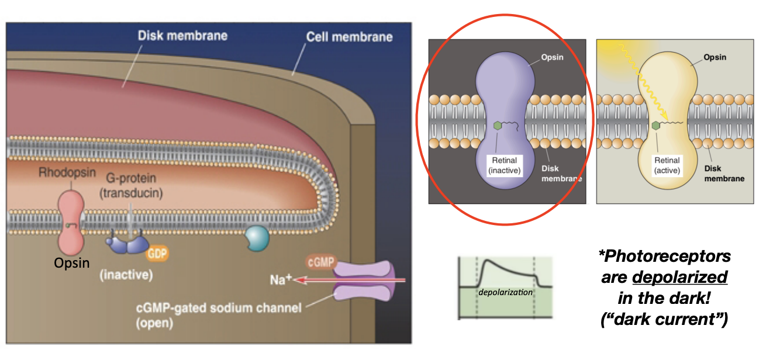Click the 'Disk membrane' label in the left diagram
point(182,36)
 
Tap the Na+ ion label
point(281,280)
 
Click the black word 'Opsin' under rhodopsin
point(71,263)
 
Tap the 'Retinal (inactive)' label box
point(505,165)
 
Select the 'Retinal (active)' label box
point(666,165)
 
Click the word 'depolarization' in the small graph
point(505,292)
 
